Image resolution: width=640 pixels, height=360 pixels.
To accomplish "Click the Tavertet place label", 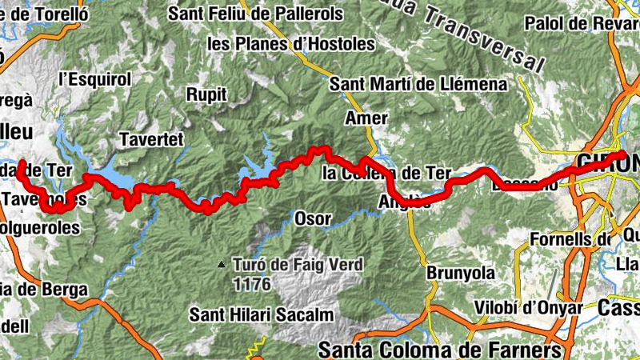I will click(x=151, y=139).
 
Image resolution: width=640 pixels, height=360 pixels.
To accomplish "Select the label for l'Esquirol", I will click(x=94, y=79).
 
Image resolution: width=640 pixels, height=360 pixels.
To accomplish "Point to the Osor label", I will click(x=312, y=218).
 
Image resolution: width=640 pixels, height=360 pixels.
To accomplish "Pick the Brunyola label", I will click(x=461, y=272).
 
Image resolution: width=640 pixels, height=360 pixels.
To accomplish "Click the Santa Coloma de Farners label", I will click(x=439, y=350).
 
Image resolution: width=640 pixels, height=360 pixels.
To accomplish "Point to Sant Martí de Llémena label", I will click(x=418, y=83).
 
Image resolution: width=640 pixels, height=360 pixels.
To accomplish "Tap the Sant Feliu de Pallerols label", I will click(x=256, y=14).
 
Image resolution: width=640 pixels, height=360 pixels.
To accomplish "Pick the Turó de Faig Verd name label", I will click(x=298, y=264).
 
